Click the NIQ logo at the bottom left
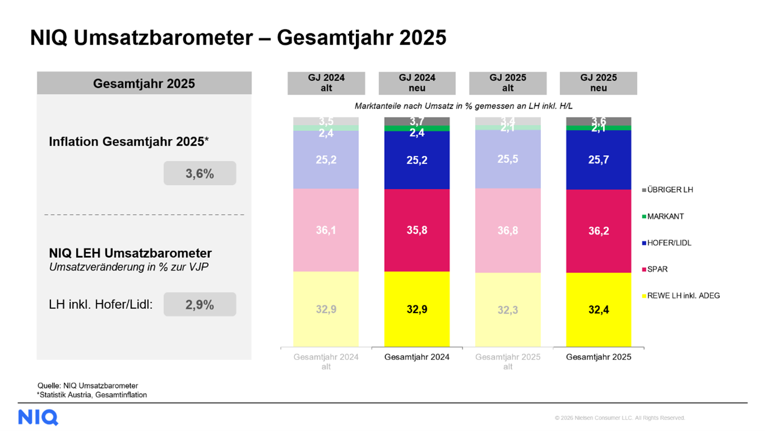pos(38,417)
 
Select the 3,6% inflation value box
pos(200,173)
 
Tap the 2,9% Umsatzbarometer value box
pos(200,305)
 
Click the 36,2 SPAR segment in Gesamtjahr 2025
pos(599,231)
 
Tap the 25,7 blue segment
pos(599,160)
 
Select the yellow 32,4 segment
pos(599,310)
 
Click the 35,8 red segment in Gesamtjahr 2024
pos(417,230)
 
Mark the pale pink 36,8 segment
pos(508,231)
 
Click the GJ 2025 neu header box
pos(598,83)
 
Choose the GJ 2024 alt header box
pos(326,83)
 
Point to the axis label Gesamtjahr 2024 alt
pos(326,361)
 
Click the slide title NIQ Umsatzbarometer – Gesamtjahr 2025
pos(238,38)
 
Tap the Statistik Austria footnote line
pos(92,395)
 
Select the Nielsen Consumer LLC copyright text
pos(620,418)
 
